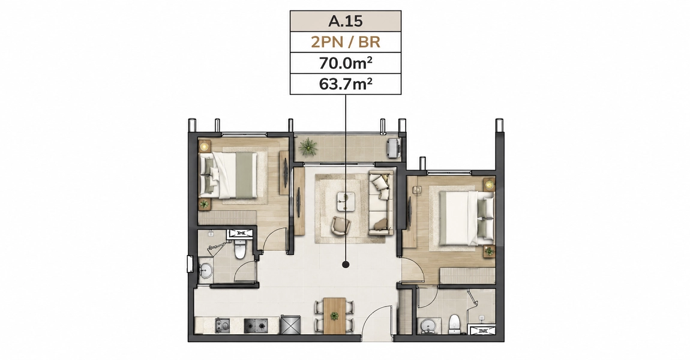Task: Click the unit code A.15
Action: [345, 21]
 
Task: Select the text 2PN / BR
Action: [345, 42]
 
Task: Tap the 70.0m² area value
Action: [345, 64]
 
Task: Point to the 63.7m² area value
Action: [345, 83]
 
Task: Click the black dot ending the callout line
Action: [346, 265]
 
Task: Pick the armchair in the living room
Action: [340, 226]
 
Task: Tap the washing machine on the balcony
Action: [394, 148]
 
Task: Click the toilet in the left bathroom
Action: [240, 248]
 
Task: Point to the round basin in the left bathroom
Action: [206, 270]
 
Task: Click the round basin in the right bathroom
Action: [427, 326]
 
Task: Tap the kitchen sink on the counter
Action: [223, 326]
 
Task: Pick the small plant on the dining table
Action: [335, 316]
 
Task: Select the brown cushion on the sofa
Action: [379, 225]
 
